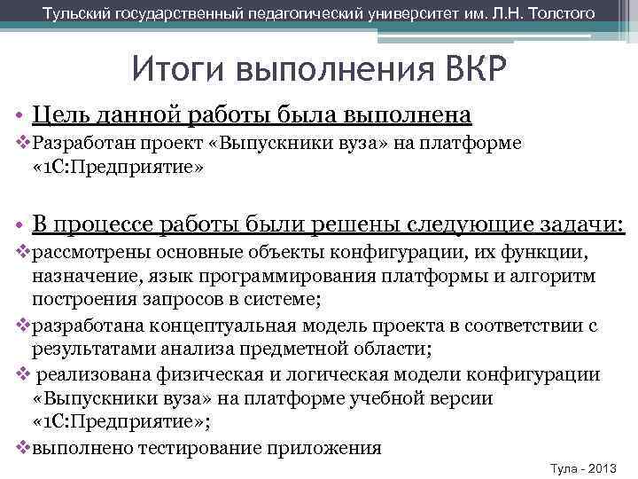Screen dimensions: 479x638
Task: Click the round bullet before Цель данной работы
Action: pyautogui.click(x=19, y=115)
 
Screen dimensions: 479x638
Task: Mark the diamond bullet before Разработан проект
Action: pyautogui.click(x=23, y=143)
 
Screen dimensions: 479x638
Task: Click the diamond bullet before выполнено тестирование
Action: pyautogui.click(x=23, y=447)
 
